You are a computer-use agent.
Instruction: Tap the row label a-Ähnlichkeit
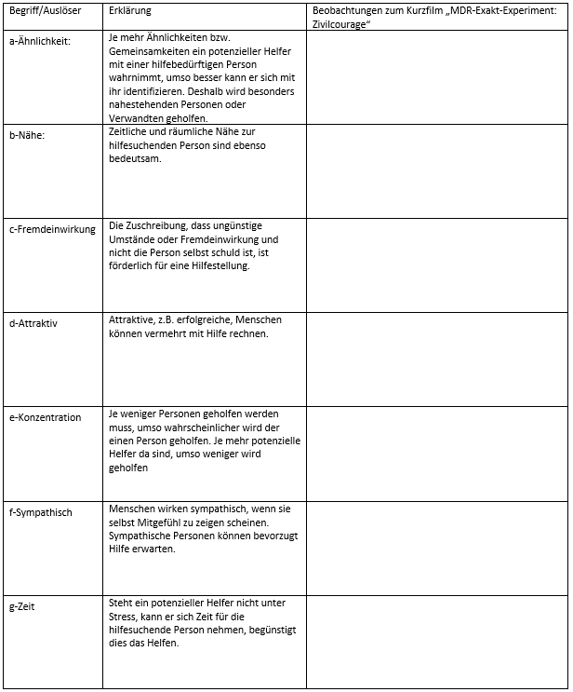tap(39, 41)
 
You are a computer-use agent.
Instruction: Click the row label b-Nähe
tap(27, 135)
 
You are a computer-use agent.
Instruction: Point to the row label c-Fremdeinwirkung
tap(52, 229)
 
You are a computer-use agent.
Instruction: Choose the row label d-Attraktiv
tap(33, 323)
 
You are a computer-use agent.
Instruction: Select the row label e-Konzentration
tap(45, 417)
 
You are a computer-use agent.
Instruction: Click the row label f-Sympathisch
tap(40, 512)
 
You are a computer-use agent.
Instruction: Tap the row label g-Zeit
tap(22, 607)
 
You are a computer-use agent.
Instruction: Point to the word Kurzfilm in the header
tap(420, 11)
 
